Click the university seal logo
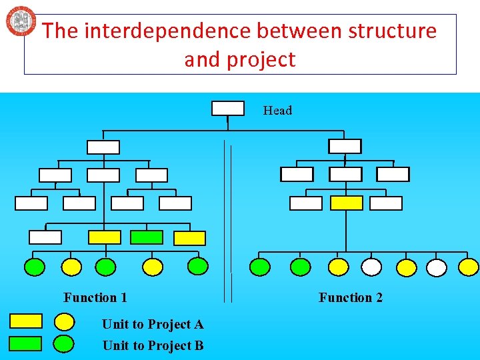[x=21, y=21]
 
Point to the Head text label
[x=277, y=111]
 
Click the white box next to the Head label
[x=227, y=108]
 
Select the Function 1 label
[x=95, y=297]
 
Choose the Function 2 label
[x=351, y=297]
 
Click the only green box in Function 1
[x=146, y=237]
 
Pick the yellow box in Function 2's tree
[x=347, y=203]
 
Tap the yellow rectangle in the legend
[x=25, y=321]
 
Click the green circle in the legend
[x=63, y=344]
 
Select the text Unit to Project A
[x=153, y=325]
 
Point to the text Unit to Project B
[x=153, y=345]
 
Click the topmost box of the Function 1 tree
[x=103, y=147]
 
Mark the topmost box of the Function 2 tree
[x=345, y=147]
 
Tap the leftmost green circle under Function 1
[x=35, y=267]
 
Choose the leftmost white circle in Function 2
[x=371, y=267]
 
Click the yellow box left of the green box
[x=105, y=237]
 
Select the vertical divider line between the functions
[x=231, y=220]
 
